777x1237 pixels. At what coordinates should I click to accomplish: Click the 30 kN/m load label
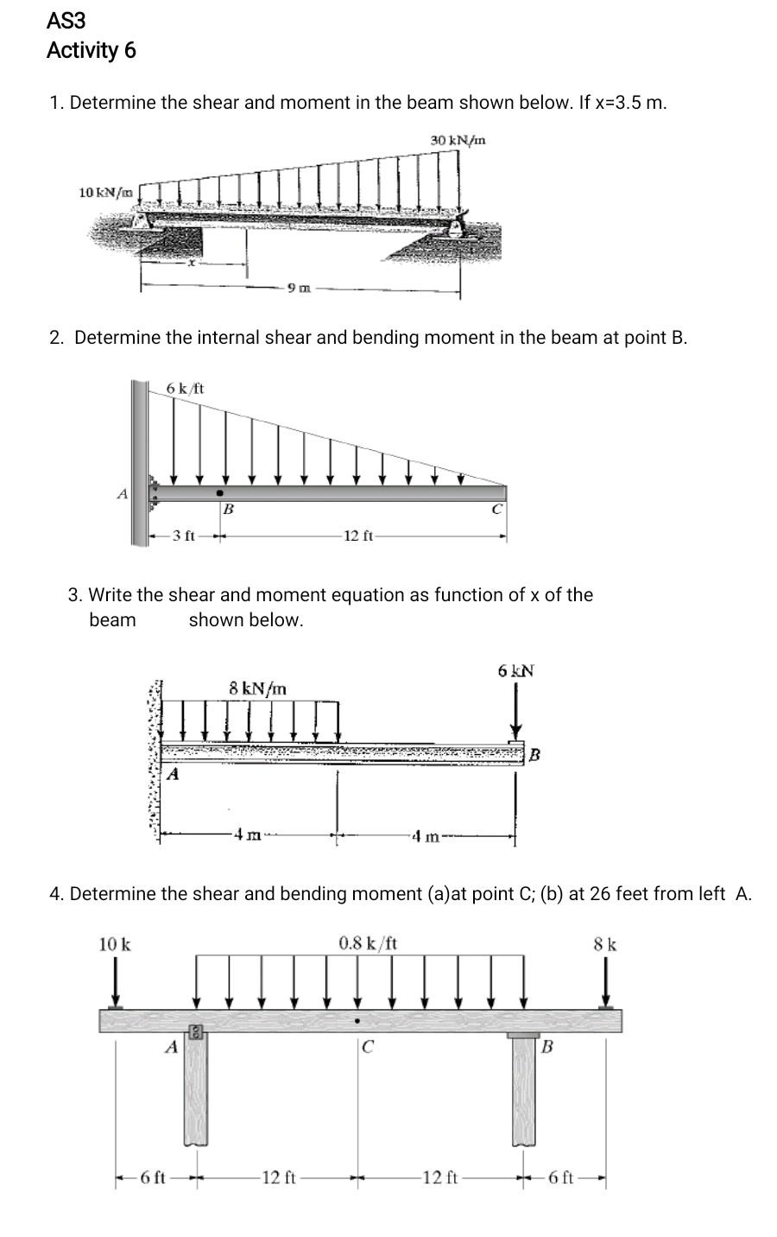(458, 140)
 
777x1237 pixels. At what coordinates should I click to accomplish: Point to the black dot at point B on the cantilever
(219, 493)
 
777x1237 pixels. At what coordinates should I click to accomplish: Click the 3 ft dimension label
(182, 536)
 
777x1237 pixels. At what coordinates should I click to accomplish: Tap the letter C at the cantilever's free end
(496, 510)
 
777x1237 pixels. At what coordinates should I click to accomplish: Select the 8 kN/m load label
(258, 688)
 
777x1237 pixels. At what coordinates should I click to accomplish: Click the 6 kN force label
(516, 670)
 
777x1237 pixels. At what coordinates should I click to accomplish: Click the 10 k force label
(115, 944)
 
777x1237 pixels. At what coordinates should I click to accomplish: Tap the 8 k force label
(605, 944)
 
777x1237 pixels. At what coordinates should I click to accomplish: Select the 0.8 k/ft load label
(368, 942)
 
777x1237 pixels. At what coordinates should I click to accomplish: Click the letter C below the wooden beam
(368, 1048)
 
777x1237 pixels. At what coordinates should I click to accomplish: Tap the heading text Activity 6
(91, 51)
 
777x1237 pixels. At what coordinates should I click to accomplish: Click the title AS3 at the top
(66, 20)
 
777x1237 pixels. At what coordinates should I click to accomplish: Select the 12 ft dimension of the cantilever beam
(357, 536)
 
